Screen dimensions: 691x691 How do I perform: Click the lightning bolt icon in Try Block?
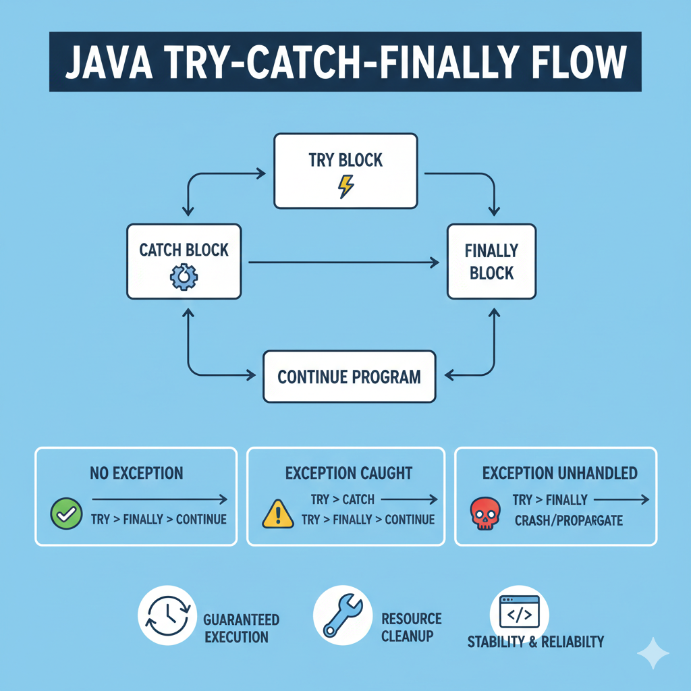[x=345, y=186]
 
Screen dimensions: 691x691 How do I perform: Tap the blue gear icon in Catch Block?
[x=184, y=277]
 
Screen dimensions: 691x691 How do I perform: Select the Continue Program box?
[x=349, y=377]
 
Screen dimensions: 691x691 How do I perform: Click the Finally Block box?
[x=491, y=262]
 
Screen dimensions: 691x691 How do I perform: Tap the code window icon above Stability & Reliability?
[x=519, y=612]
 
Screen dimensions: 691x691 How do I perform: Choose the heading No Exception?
[x=136, y=473]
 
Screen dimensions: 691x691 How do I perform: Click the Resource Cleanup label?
[x=411, y=628]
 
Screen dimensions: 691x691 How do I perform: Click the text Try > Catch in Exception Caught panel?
[x=343, y=500]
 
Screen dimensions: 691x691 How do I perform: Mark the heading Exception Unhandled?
[x=559, y=473]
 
